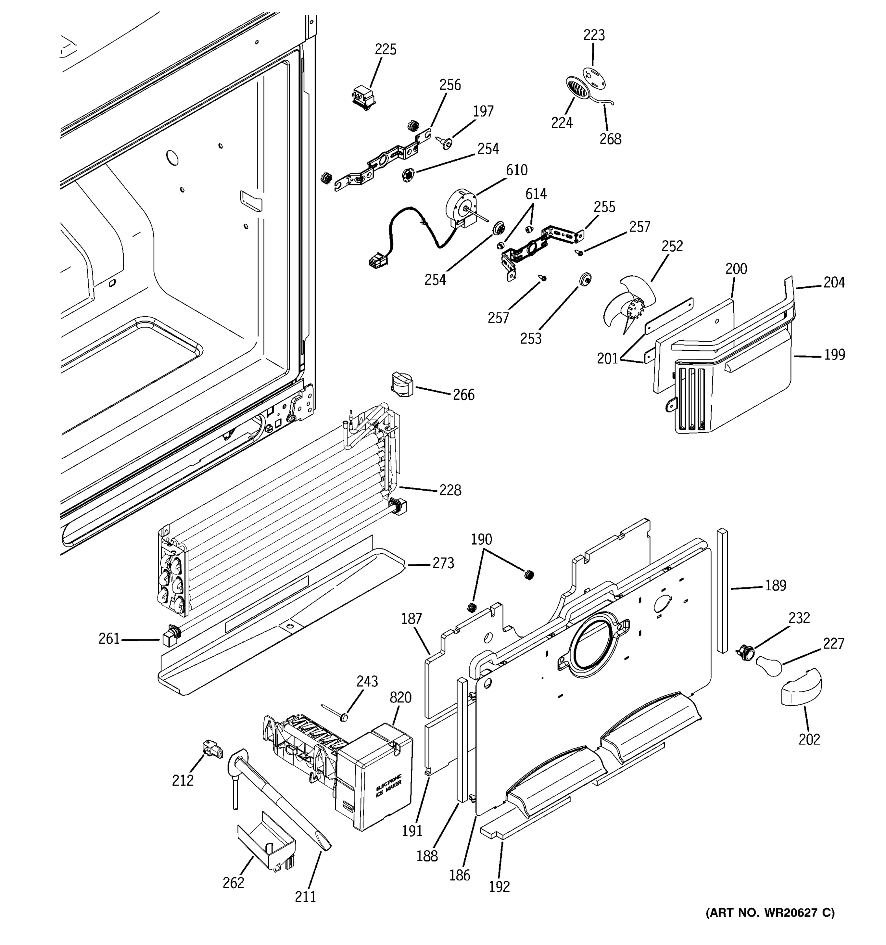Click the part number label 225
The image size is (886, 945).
385,50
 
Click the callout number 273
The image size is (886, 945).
443,563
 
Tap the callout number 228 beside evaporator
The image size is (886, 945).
450,490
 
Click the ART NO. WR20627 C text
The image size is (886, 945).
769,912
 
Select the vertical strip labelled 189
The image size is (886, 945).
722,589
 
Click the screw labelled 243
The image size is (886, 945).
344,715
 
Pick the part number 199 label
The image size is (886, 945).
834,355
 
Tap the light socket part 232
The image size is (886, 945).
744,652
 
